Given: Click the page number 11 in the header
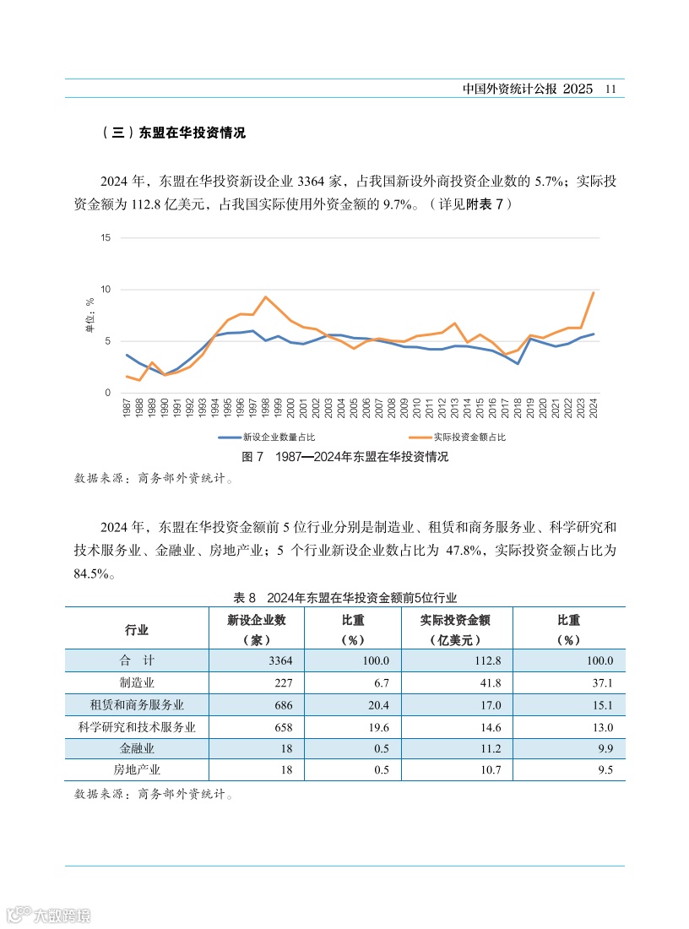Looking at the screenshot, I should (x=614, y=89).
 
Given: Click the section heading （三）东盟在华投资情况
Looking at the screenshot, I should (x=172, y=133).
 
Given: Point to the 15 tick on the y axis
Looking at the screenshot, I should (x=106, y=237).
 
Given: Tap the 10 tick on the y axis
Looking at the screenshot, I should (x=106, y=290).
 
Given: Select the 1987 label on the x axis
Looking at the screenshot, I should (x=127, y=409).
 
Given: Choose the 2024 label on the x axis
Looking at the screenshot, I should (x=594, y=409).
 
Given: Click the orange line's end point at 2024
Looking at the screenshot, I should (x=594, y=292).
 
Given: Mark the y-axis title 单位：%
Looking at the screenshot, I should (x=89, y=314).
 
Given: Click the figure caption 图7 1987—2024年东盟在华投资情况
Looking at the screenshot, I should (x=344, y=457).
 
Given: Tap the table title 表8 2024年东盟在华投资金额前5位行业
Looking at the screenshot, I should (x=344, y=597).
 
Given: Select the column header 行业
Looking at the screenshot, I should (x=137, y=630).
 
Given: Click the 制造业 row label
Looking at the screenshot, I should (x=137, y=682).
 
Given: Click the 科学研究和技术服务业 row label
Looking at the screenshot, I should (x=137, y=726).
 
